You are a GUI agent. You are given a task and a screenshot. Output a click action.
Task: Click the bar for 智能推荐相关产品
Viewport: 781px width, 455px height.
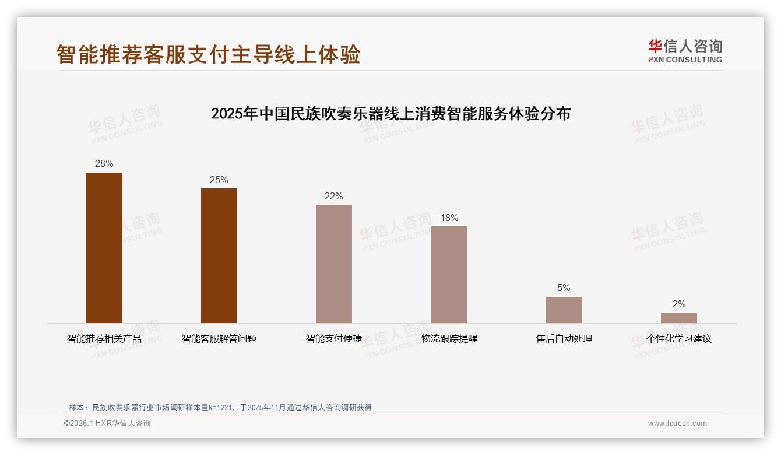coord(104,247)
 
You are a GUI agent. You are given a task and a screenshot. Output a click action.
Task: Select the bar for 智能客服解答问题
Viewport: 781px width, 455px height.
coord(219,256)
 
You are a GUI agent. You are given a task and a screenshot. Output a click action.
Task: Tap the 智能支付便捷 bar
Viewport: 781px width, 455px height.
coord(334,264)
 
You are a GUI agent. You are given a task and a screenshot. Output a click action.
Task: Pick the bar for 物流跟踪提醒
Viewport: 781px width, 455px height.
coord(449,274)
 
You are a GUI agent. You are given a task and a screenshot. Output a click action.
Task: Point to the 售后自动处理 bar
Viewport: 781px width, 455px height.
coord(564,310)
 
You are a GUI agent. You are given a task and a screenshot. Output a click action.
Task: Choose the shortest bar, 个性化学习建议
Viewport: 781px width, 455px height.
coord(678,317)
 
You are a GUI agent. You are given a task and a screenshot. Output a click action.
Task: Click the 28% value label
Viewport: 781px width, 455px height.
coord(104,164)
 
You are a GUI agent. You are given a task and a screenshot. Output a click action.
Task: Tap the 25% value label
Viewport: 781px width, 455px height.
coord(219,180)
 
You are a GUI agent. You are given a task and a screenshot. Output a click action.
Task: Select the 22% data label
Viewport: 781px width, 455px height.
coord(334,196)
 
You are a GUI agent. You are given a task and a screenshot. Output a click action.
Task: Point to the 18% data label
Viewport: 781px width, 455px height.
coord(449,218)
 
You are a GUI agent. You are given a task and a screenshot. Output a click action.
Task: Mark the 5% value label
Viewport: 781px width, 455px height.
coord(564,288)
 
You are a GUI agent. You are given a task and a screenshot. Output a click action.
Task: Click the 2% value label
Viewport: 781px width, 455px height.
coord(678,304)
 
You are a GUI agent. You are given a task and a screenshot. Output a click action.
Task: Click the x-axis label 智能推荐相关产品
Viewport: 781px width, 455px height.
coord(104,338)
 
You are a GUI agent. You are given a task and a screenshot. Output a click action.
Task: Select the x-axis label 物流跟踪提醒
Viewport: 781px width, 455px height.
coord(449,338)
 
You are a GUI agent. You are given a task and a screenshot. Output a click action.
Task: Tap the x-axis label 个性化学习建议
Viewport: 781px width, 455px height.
coord(678,338)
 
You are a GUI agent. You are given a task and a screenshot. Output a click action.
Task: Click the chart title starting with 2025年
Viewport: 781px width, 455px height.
coord(391,113)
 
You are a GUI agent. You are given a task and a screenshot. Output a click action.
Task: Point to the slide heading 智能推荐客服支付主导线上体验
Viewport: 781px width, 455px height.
coord(209,54)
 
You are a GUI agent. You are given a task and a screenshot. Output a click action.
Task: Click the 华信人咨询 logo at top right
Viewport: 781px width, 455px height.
coord(685,51)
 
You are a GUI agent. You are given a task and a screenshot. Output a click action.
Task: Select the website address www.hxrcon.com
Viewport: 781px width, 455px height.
coord(677,423)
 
